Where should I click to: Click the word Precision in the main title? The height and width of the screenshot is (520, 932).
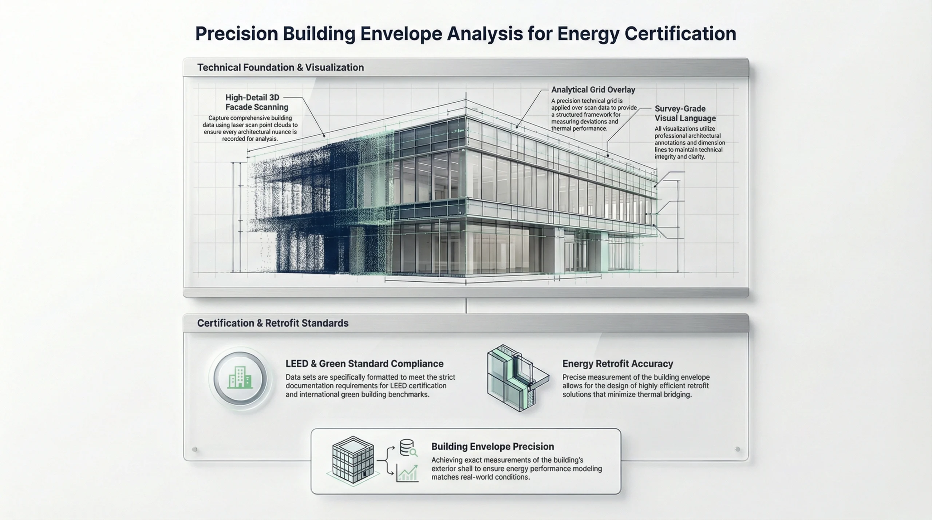pos(236,34)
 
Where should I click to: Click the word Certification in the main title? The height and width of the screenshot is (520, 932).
pos(680,34)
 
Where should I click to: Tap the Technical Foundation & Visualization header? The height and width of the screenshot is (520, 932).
pos(280,68)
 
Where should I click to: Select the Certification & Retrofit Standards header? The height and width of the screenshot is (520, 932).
pos(273,323)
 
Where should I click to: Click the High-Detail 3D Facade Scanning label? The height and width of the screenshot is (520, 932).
pos(256,102)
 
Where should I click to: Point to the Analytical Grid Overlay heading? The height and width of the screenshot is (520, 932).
pos(593,90)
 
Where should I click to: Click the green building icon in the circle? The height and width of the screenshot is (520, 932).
pos(240,378)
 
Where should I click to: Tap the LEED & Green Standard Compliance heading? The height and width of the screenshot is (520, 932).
pos(364,364)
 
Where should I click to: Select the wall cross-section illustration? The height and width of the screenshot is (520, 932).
pos(517,378)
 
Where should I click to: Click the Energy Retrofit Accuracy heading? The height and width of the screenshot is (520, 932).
pos(617,364)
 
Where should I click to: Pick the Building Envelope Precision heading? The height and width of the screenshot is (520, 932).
pos(492,446)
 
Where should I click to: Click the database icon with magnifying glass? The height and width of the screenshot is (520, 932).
pos(408,448)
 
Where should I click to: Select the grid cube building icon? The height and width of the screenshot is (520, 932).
pos(353,460)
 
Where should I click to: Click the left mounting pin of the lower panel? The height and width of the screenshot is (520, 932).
pos(194,449)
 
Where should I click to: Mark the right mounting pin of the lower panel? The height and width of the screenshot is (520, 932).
pos(738,449)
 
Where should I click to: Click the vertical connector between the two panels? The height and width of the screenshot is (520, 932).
pos(466,306)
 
